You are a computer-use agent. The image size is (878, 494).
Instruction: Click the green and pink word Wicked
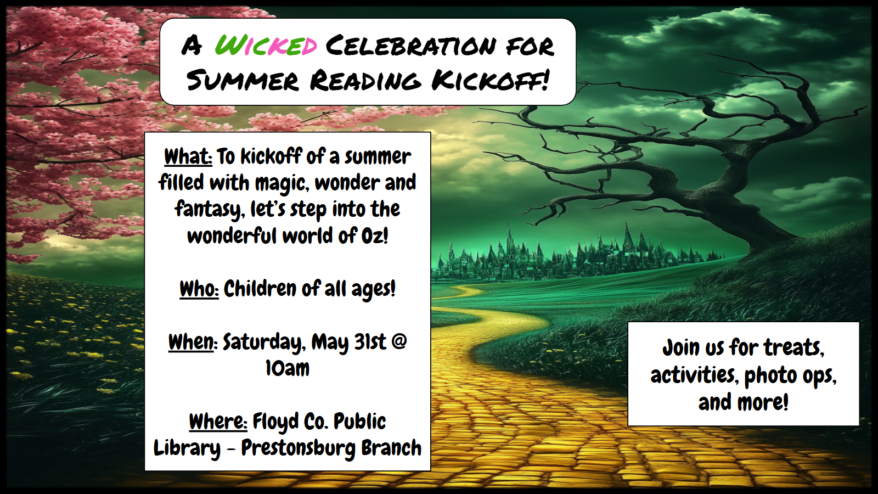[x=266, y=46]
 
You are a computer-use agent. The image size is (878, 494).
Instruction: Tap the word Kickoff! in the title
[x=491, y=80]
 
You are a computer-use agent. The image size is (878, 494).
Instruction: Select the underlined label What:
[x=188, y=157]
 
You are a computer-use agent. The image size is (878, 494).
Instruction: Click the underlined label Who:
[x=199, y=289]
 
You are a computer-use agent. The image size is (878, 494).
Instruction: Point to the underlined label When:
[x=193, y=343]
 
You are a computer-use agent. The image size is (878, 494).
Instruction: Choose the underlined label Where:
[x=218, y=422]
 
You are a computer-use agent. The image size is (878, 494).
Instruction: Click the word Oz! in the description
[x=374, y=236]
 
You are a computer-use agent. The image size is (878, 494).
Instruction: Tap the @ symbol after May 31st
[x=398, y=341]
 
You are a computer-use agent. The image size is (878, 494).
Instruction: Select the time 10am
[x=288, y=368]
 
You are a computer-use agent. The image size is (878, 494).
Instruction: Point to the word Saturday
[x=264, y=343]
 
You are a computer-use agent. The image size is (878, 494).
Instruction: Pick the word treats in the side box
[x=794, y=348]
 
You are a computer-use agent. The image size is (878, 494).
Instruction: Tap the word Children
[x=260, y=289]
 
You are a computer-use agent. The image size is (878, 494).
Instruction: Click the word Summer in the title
[x=243, y=80]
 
